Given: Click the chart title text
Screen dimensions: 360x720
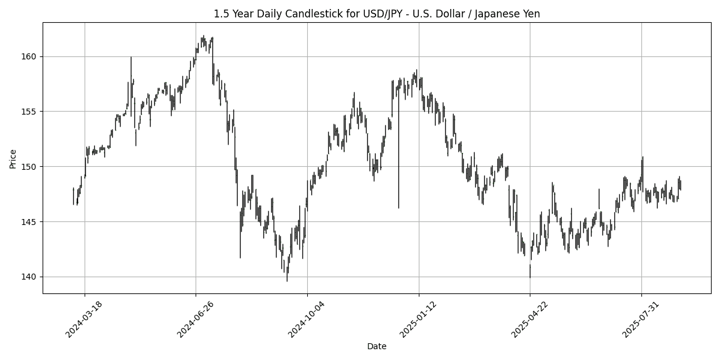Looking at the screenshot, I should click(x=377, y=14).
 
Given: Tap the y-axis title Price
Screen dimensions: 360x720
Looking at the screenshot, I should click(x=13, y=158).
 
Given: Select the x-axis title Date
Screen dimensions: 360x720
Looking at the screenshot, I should click(x=377, y=346).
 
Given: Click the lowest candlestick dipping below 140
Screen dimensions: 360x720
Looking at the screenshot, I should click(x=287, y=276).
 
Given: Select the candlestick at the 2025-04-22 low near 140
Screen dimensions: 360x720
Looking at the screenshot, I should click(x=530, y=271).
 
